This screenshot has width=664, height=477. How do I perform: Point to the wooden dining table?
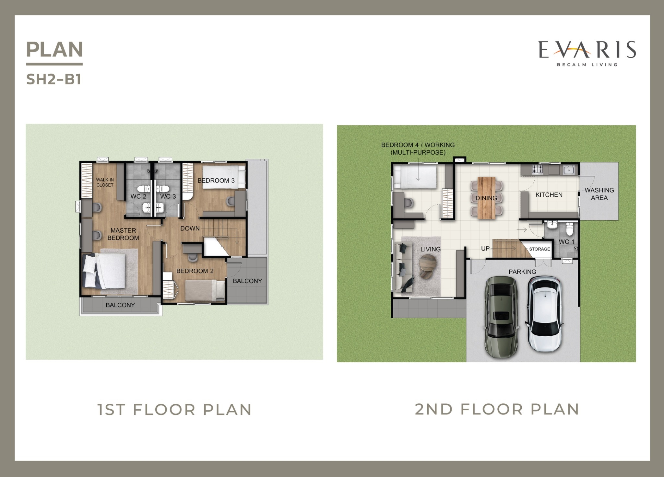486,198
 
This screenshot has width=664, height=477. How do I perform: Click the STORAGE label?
539,249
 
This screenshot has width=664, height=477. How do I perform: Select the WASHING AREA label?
599,194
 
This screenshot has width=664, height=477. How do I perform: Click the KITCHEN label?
549,195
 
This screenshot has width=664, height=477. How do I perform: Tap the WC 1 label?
566,242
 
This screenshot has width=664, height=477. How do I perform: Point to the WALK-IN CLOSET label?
105,182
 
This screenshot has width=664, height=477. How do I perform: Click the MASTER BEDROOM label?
123,234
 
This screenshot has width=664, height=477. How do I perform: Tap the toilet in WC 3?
162,189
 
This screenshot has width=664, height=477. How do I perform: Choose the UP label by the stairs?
485,249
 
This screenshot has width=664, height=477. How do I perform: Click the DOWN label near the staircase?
190,228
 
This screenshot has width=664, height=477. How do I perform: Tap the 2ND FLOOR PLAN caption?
497,409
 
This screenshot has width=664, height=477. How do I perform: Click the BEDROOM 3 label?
216,180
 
